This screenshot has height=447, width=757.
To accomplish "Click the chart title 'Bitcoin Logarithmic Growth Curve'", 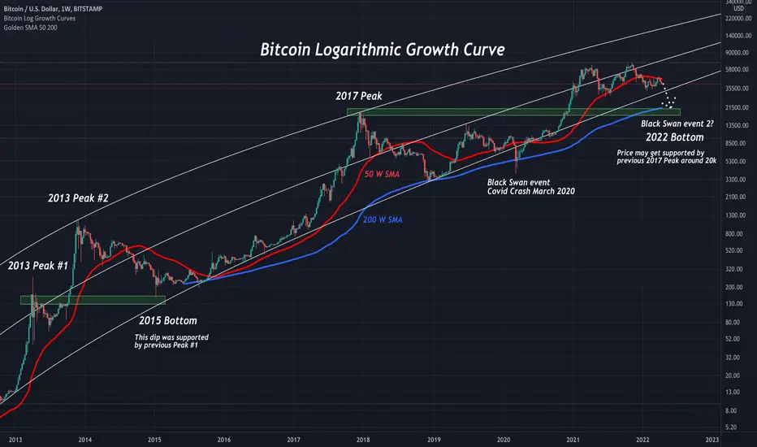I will [382, 50].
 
